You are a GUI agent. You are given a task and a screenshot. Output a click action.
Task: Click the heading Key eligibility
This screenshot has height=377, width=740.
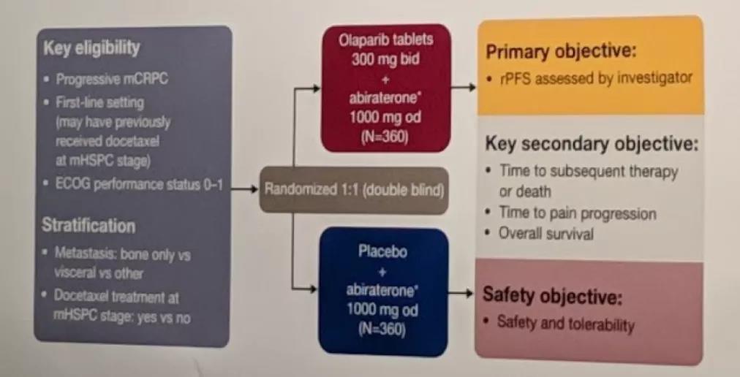coord(91,49)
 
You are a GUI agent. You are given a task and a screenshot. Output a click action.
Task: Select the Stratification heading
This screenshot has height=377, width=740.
coord(88,225)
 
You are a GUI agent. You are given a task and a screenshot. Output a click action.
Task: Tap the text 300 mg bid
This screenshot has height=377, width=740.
coord(385,60)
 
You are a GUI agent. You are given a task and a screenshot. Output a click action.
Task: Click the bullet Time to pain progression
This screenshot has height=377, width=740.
coord(577,213)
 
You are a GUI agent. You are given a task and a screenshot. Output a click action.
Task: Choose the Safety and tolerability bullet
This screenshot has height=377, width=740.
coord(565,323)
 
